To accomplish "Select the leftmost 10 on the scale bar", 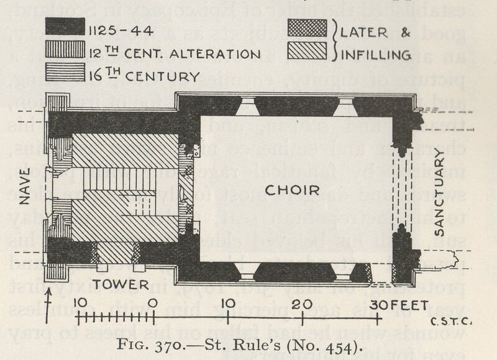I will tap(79, 304).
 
